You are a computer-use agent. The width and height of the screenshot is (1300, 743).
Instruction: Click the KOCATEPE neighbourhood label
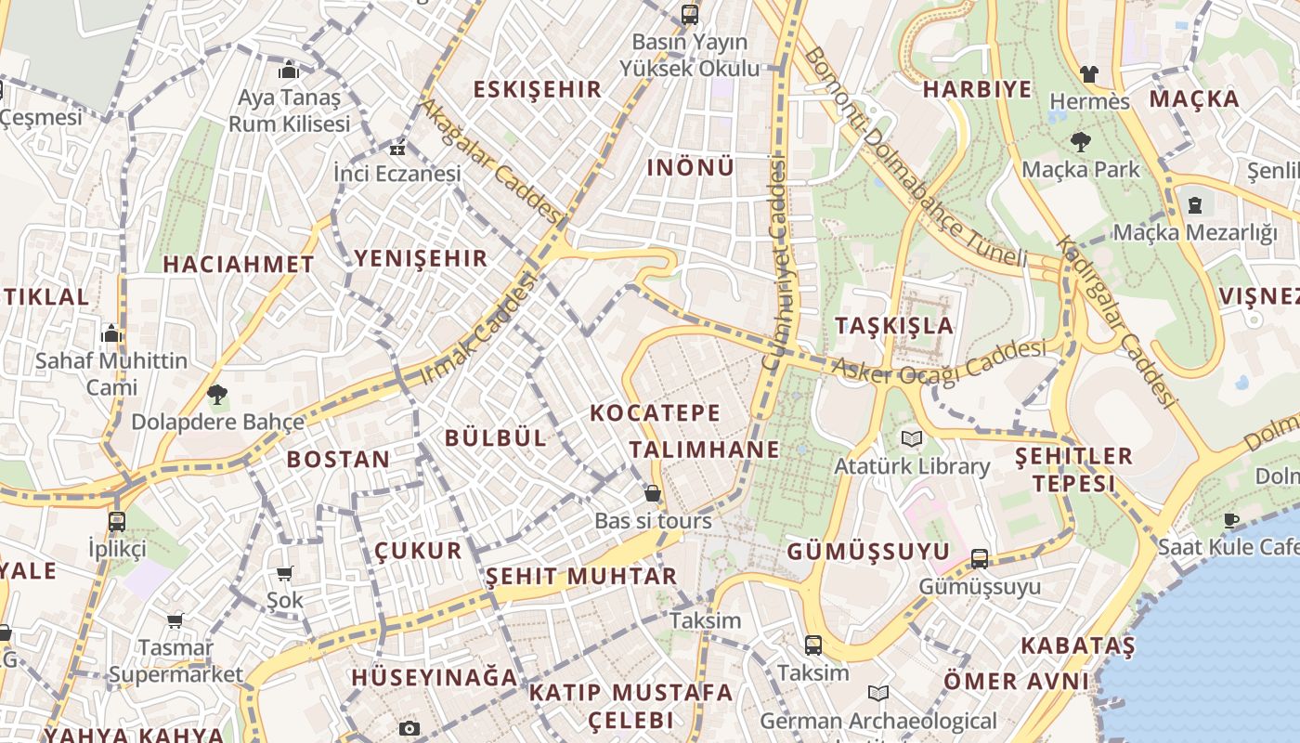point(656,412)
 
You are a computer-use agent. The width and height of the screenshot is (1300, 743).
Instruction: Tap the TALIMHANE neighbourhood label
point(704,450)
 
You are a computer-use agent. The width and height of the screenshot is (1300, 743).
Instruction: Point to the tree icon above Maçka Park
point(1080,142)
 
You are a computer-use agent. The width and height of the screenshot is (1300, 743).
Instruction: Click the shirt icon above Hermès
point(1089,73)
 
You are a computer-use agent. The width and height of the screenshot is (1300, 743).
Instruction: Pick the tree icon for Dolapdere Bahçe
point(217,395)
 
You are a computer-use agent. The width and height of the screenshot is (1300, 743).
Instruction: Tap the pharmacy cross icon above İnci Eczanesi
point(397,148)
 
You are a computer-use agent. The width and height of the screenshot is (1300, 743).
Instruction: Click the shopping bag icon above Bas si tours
point(653,493)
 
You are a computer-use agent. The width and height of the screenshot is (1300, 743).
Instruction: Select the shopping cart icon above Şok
point(284,574)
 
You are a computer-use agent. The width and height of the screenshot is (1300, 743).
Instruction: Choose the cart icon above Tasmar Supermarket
point(175,620)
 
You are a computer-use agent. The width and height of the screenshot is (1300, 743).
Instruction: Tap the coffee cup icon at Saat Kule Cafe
point(1232,520)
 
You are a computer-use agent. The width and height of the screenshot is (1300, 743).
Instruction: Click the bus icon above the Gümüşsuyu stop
point(980,559)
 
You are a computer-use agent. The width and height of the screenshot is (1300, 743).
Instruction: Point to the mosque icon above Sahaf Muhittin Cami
point(111,333)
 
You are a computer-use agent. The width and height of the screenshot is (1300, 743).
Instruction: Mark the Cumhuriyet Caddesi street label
point(774,265)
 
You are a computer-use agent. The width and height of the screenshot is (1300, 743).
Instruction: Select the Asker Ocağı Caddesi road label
point(938,361)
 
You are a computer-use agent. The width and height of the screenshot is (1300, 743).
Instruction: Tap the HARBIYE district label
point(977,89)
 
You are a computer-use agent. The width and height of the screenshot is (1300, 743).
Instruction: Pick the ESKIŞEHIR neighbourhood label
point(538,89)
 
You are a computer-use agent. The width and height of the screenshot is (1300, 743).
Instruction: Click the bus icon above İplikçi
point(117,521)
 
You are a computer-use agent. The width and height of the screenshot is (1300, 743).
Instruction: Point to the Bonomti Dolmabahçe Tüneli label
point(915,158)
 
